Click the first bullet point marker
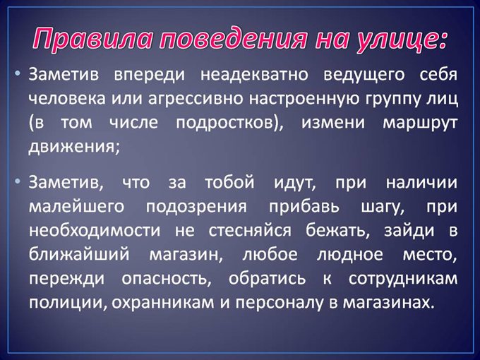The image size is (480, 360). coord(19,73)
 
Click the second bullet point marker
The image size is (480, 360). coord(19,181)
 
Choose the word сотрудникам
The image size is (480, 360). coord(402,278)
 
